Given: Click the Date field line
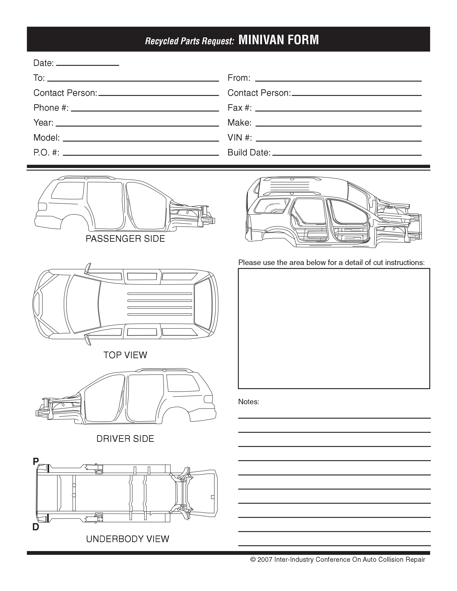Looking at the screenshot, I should point(87,65).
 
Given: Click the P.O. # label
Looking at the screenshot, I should point(46,153).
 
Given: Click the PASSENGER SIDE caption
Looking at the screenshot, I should point(125,239).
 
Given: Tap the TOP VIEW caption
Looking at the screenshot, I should point(125,355).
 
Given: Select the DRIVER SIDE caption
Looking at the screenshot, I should point(125,439).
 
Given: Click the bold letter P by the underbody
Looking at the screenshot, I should point(36,461).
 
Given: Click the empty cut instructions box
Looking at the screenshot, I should point(334,328).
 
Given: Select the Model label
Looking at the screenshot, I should point(46,138).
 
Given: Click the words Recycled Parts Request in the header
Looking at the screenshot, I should point(189,41).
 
